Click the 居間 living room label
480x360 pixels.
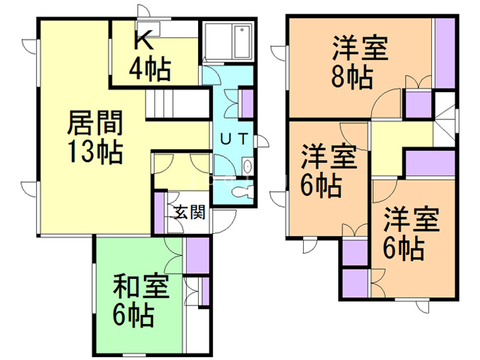tap(95, 123)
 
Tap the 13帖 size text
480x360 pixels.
tap(95, 151)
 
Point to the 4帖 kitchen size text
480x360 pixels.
tap(150, 70)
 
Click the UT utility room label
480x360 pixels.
tap(234, 139)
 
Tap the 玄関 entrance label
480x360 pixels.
tap(190, 211)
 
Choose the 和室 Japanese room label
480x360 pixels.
tap(141, 286)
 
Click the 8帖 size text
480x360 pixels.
tap(352, 77)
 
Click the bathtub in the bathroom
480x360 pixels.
tap(242, 42)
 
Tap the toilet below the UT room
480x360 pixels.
tap(241, 193)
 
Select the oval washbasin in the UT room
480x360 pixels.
tap(247, 166)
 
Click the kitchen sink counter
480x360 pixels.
tap(148, 28)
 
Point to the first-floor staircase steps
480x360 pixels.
tap(177, 103)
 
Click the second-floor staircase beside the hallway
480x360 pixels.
tap(444, 119)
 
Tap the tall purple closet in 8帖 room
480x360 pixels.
tap(445, 53)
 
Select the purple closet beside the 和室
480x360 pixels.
tap(198, 255)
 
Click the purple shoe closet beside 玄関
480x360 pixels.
tap(159, 212)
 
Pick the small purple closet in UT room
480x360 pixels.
tap(247, 103)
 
